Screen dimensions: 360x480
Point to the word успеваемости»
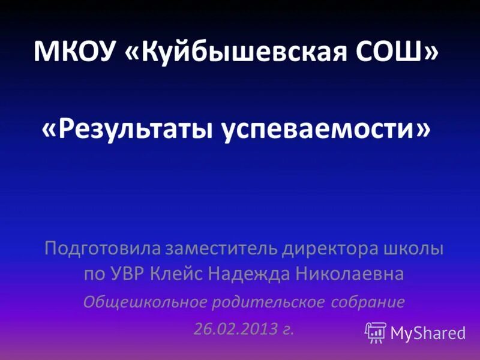tap(324, 129)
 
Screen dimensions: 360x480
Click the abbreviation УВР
tap(137, 274)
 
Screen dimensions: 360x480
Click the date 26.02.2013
tap(236, 329)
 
